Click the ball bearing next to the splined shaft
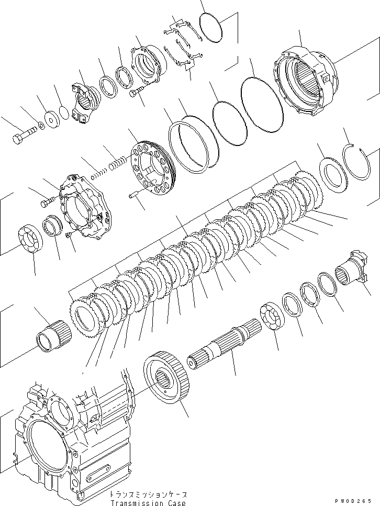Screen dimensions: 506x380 point(272,322)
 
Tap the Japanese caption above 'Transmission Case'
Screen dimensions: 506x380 point(148,494)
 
